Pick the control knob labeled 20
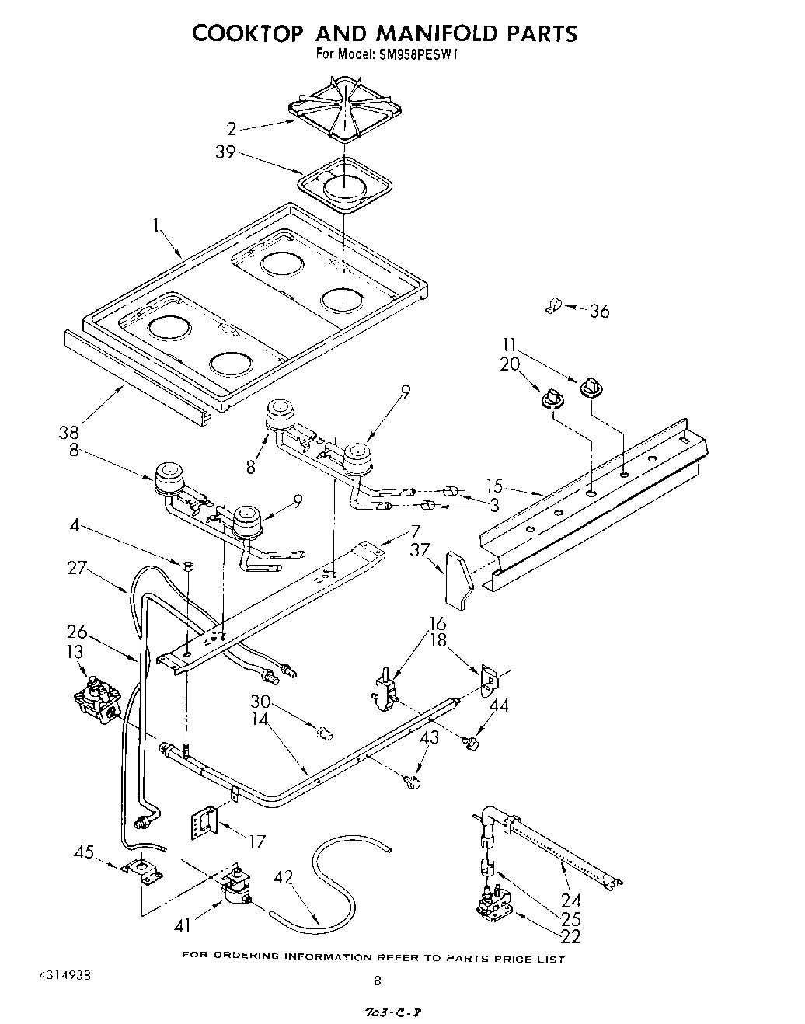tap(552, 397)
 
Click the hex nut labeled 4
tap(186, 565)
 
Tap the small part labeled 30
tap(326, 732)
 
